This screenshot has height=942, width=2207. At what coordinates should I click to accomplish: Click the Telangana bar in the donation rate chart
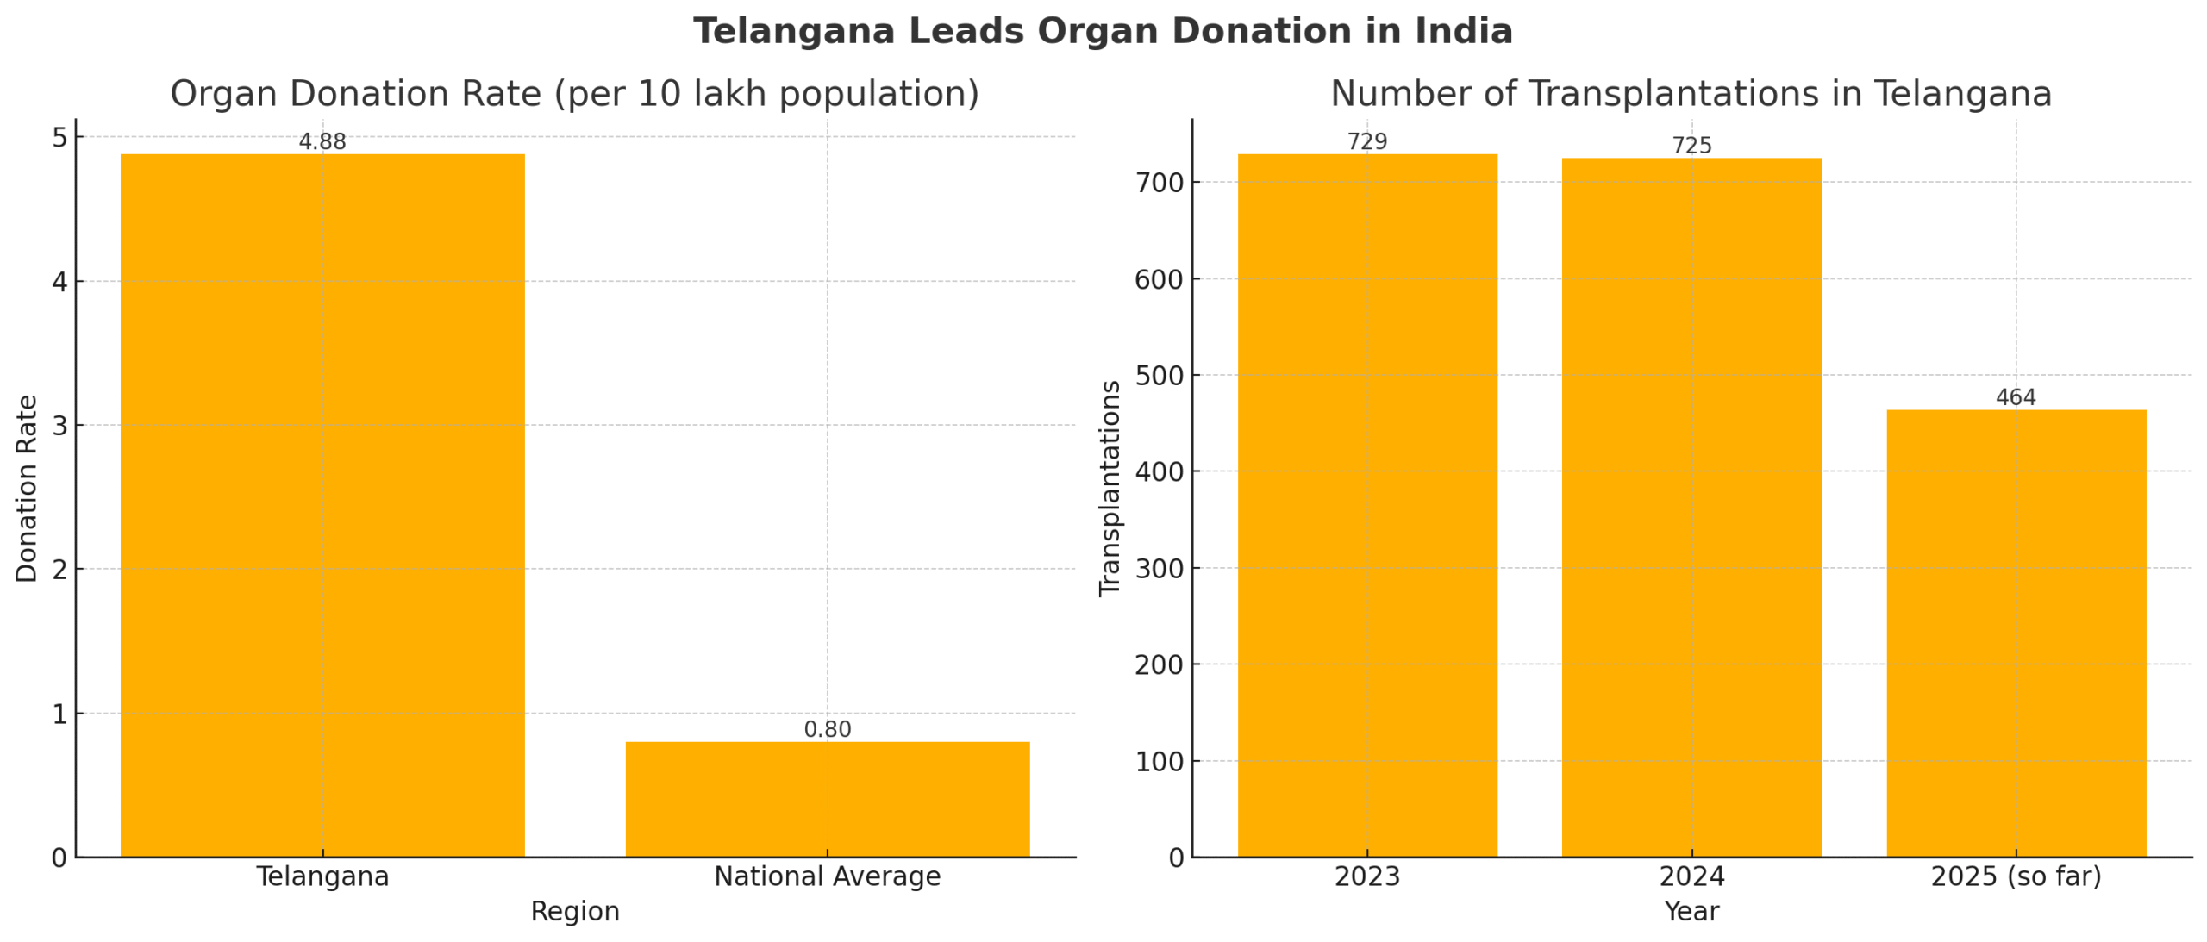[322, 505]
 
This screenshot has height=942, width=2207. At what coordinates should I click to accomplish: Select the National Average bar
[827, 799]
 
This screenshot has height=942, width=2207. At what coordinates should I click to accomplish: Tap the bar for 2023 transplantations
[1366, 505]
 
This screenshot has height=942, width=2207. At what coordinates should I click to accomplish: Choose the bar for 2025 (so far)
[2015, 633]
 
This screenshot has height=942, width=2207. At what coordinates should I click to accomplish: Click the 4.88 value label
[322, 141]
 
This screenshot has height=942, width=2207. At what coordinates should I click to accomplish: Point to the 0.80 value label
[827, 729]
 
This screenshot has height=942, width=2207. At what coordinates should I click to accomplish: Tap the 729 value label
[1366, 141]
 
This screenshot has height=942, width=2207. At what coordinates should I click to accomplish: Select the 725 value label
[1691, 146]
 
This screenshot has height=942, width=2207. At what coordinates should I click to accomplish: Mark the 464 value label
[2015, 397]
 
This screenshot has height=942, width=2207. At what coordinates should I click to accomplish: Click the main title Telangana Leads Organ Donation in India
[1103, 31]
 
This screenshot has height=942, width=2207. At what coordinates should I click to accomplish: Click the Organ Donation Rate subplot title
[574, 94]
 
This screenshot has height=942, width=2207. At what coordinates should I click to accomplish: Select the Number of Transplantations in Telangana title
[1690, 94]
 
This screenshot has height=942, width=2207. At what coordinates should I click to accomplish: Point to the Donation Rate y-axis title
[27, 488]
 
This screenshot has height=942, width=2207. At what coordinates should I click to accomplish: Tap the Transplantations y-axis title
[1110, 488]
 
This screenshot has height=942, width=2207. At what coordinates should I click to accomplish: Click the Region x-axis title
[574, 911]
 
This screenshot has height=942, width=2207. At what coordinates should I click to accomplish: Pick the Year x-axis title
[1691, 911]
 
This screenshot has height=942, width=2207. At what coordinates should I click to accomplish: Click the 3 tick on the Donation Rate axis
[59, 425]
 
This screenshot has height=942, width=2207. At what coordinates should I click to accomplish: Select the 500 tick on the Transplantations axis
[1160, 376]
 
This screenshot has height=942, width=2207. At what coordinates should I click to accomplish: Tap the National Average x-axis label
[827, 876]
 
